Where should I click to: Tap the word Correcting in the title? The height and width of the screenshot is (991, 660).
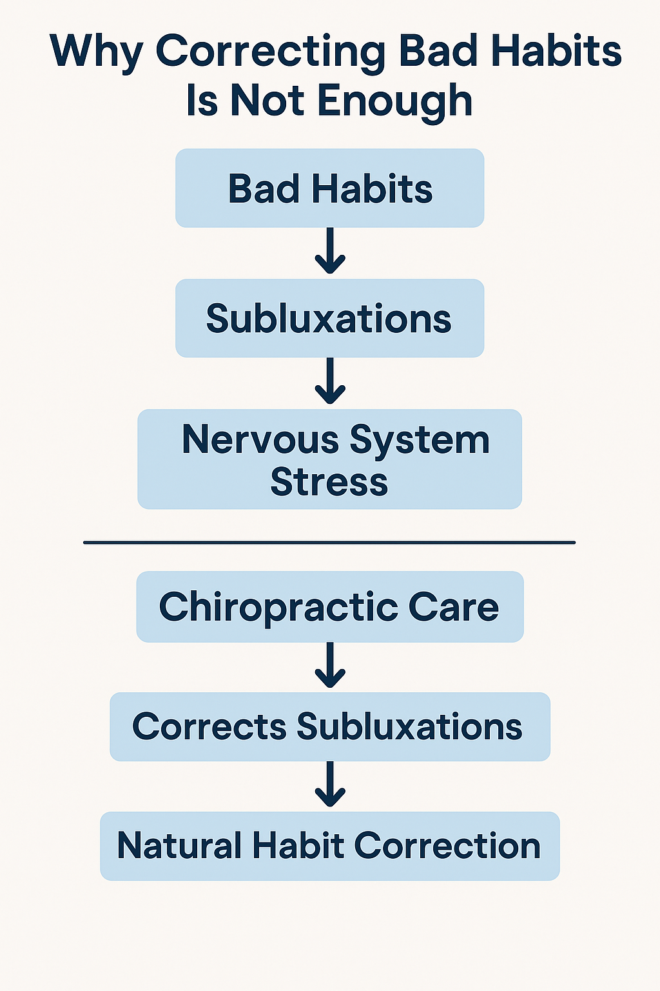(271, 52)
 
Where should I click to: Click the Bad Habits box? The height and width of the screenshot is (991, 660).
(329, 188)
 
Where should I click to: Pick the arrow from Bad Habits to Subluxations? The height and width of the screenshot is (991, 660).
(330, 252)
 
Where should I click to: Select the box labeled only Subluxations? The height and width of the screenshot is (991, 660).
(329, 318)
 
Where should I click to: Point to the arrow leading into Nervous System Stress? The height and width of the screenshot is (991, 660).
(330, 382)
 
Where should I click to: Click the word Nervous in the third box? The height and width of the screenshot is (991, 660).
(260, 440)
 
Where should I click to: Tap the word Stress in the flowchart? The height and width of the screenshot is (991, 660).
(329, 482)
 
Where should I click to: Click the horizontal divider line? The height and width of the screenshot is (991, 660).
(329, 543)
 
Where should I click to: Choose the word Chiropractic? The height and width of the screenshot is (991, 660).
(278, 607)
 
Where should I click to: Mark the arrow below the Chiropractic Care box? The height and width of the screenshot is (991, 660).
(330, 666)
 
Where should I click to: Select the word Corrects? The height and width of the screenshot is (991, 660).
(209, 726)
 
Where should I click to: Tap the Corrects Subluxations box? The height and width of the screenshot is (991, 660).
(329, 726)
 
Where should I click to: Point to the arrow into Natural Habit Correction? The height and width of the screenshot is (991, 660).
(330, 785)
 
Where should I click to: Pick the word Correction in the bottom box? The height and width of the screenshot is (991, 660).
(447, 845)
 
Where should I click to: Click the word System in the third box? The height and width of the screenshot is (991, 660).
(420, 441)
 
